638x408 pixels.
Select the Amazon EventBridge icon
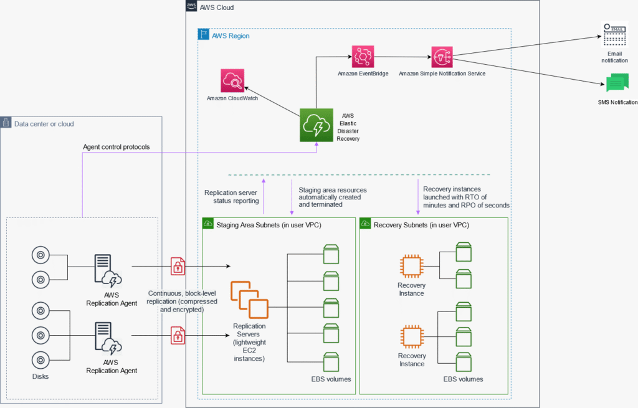[x=363, y=57]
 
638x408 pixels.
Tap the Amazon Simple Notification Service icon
[x=442, y=57]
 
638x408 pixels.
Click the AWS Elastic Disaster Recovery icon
[x=317, y=126]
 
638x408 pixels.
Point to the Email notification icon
[x=614, y=34]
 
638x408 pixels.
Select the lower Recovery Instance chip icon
[x=411, y=336]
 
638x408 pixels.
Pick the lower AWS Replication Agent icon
[x=108, y=338]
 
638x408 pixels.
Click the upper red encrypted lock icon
[x=178, y=267]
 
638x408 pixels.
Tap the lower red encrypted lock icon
[x=178, y=336]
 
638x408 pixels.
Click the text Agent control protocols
[x=117, y=147]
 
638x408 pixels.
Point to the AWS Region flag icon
[x=203, y=35]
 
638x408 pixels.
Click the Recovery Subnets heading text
[x=421, y=224]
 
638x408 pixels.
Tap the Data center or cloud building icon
[x=6, y=123]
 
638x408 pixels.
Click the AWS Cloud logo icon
[x=191, y=6]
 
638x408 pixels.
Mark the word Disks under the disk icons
[x=40, y=376]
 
